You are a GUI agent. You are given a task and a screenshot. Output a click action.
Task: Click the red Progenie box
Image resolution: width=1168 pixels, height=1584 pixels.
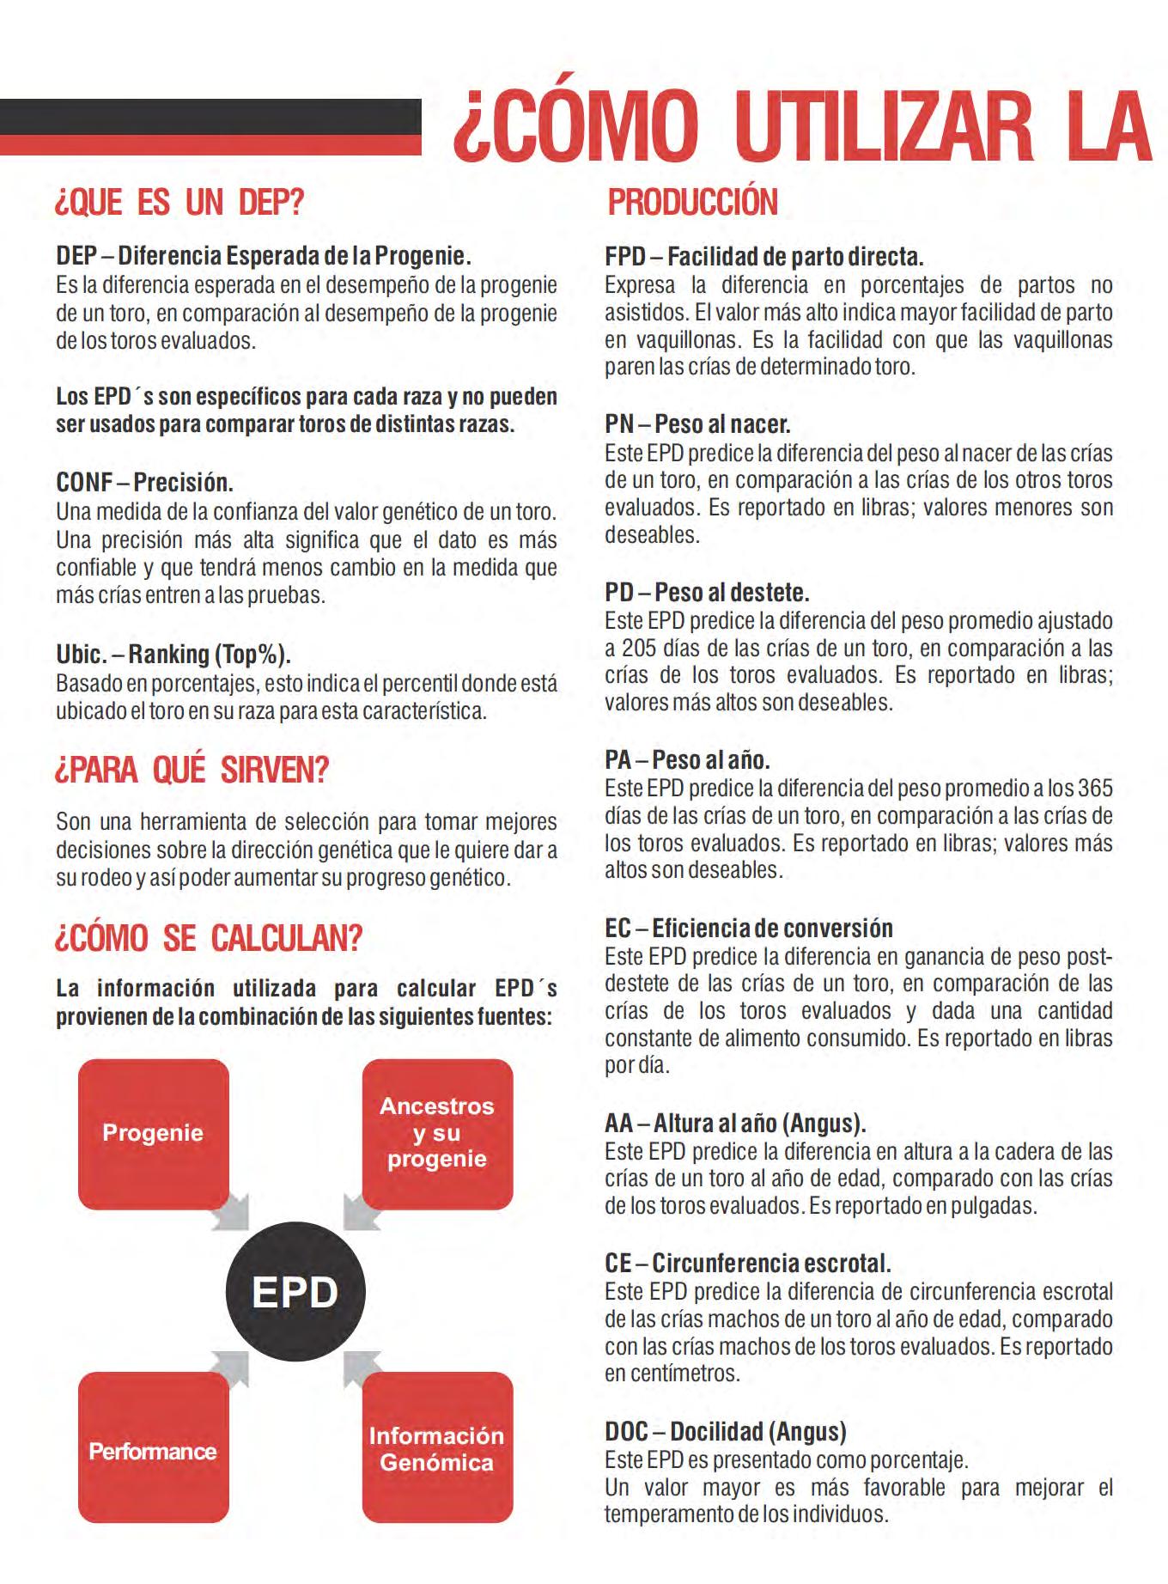click(153, 1133)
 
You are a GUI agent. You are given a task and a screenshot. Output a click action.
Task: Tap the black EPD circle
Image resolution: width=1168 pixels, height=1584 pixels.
click(295, 1292)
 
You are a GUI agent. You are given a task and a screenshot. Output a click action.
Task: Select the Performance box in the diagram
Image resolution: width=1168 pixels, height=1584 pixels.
click(153, 1451)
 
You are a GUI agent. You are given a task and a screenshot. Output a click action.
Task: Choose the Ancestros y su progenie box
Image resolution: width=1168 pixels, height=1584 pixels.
click(436, 1132)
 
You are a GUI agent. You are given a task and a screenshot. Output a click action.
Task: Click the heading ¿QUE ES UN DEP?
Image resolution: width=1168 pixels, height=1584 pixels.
click(179, 203)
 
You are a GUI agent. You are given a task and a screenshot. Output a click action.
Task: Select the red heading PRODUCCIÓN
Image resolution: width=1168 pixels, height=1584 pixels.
click(692, 203)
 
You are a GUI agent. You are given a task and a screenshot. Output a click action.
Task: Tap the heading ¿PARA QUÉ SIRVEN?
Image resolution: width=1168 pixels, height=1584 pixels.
click(192, 770)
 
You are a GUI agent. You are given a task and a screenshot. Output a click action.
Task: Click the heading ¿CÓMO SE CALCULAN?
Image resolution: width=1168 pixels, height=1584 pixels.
click(208, 937)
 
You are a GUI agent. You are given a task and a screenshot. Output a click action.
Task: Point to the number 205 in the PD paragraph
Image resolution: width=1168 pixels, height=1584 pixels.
click(639, 648)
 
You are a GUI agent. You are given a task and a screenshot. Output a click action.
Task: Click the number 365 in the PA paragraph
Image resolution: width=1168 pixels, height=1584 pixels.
click(1094, 788)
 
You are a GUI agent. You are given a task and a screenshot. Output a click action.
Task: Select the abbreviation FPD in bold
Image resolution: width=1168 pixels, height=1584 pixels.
click(624, 257)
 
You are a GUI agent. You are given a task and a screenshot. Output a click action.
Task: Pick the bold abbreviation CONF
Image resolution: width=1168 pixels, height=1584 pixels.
click(84, 482)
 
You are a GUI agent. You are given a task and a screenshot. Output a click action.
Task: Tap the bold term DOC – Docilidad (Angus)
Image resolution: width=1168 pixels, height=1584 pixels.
click(725, 1432)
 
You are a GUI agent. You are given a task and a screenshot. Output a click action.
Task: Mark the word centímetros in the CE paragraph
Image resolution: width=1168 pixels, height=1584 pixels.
click(672, 1373)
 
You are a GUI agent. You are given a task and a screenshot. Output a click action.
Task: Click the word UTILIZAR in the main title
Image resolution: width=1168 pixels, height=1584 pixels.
click(885, 129)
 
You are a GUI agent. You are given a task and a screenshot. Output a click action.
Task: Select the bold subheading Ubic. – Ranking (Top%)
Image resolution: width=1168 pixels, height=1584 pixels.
click(173, 655)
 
